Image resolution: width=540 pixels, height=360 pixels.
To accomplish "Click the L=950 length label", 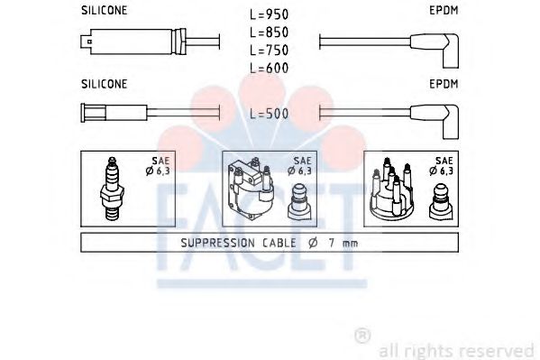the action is pyautogui.click(x=269, y=14).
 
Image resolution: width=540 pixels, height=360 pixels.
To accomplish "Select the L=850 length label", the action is pyautogui.click(x=269, y=32).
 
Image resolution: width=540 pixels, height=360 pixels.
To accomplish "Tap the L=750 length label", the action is pyautogui.click(x=269, y=51).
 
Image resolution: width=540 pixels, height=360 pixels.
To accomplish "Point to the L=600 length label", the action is pyautogui.click(x=269, y=68).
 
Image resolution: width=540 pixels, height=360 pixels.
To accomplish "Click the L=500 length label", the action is pyautogui.click(x=269, y=114).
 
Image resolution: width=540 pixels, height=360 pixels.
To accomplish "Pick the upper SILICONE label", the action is pyautogui.click(x=104, y=10).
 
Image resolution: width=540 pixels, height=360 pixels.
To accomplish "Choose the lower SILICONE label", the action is pyautogui.click(x=104, y=84).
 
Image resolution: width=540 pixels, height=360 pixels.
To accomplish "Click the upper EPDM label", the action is pyautogui.click(x=444, y=10).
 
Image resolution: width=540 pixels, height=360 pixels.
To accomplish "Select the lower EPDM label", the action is pyautogui.click(x=444, y=84).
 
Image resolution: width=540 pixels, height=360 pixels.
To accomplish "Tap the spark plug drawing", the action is pyautogui.click(x=112, y=189).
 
